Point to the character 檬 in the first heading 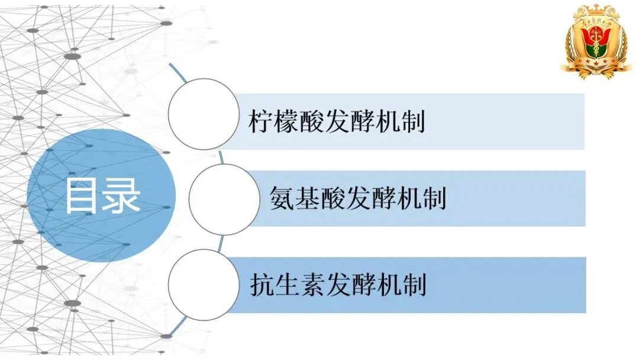click(x=288, y=123)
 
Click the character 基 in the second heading click(x=306, y=198)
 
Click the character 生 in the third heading click(x=288, y=285)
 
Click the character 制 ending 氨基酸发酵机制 click(x=433, y=198)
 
